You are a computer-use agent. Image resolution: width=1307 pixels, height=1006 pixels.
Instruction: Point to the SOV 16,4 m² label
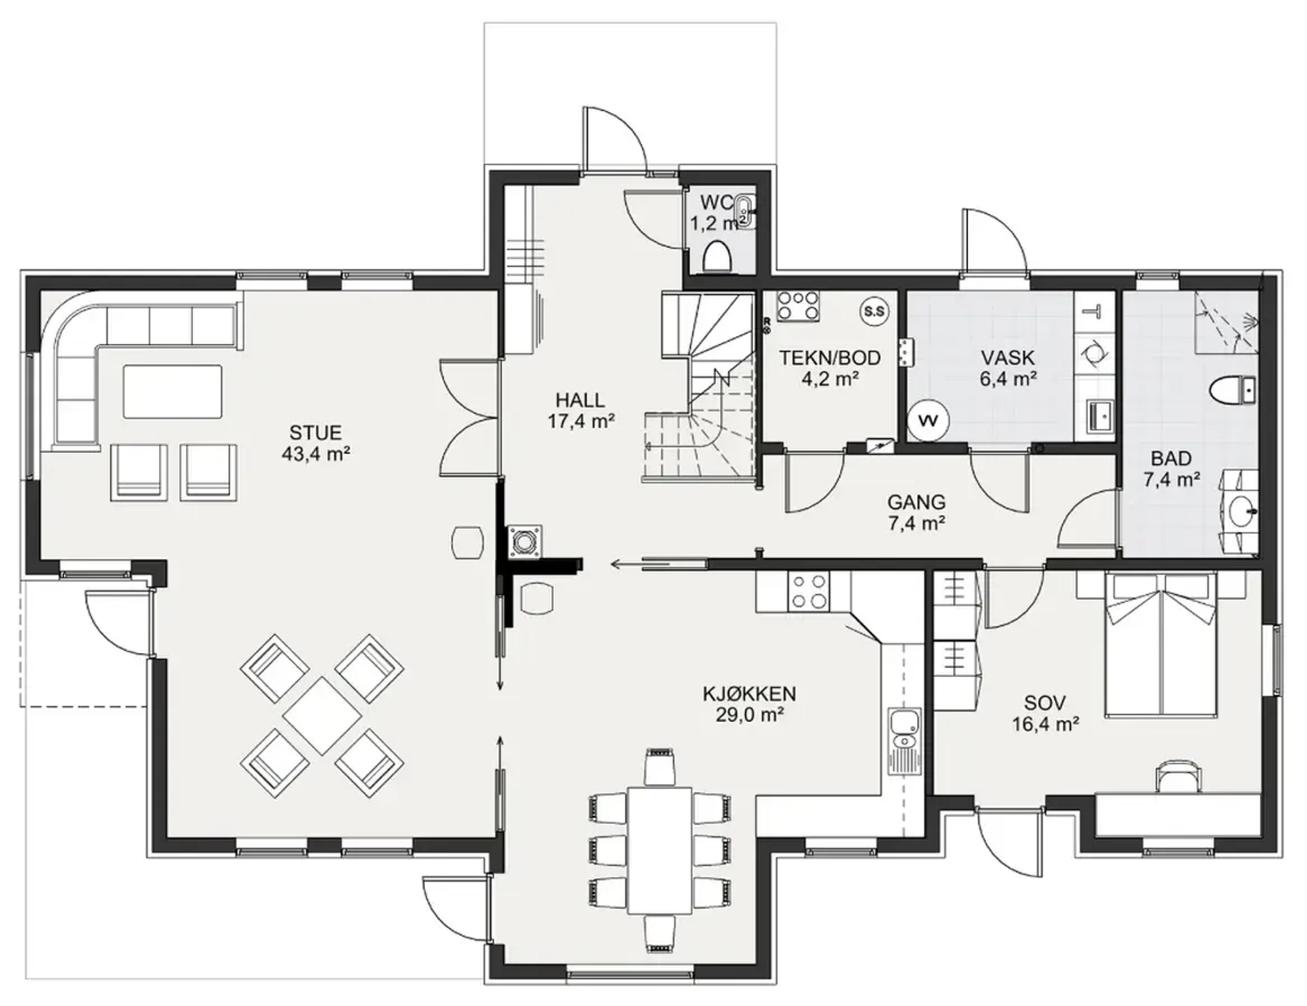[x=1045, y=713]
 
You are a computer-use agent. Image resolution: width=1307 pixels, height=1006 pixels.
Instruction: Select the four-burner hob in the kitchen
[x=809, y=591]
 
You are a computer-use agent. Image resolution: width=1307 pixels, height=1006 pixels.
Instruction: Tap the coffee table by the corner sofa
[x=172, y=392]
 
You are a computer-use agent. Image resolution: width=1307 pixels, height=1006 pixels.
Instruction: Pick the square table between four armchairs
[x=322, y=715]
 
